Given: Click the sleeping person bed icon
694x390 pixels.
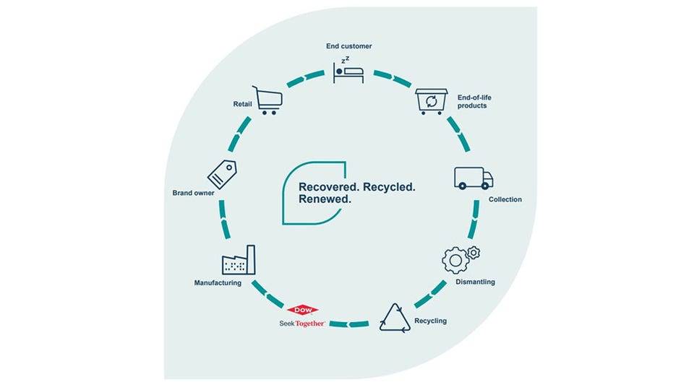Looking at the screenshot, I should [348, 69].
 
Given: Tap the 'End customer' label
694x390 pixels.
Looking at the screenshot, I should [348, 46].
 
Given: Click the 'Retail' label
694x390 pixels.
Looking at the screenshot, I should [242, 104].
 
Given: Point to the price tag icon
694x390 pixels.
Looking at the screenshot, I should [223, 174].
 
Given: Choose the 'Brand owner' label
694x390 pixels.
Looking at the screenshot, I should [192, 193].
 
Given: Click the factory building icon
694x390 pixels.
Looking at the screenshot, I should [239, 259].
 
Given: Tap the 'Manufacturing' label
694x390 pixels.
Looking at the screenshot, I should [218, 282].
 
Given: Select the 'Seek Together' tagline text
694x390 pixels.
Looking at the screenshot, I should [303, 324].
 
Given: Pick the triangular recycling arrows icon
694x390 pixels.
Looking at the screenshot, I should [394, 318].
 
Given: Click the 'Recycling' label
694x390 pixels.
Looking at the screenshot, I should [430, 321].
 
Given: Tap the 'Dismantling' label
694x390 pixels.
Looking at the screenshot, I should [475, 282].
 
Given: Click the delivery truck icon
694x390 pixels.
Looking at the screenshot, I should [474, 178].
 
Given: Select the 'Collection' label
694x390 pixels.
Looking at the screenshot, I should [505, 199].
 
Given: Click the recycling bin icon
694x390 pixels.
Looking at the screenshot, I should [432, 101].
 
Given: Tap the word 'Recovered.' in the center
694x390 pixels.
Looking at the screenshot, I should [330, 187].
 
